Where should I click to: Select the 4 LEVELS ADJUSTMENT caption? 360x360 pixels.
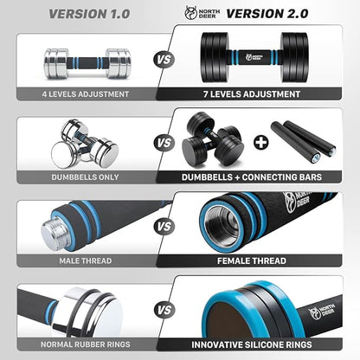pyautogui.click(x=85, y=94)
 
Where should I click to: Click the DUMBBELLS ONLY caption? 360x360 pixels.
pyautogui.click(x=84, y=177)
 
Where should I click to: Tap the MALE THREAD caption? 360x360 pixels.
pyautogui.click(x=84, y=260)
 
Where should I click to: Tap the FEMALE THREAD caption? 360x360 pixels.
pyautogui.click(x=260, y=260)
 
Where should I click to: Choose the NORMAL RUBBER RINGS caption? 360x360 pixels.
pyautogui.click(x=84, y=342)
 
